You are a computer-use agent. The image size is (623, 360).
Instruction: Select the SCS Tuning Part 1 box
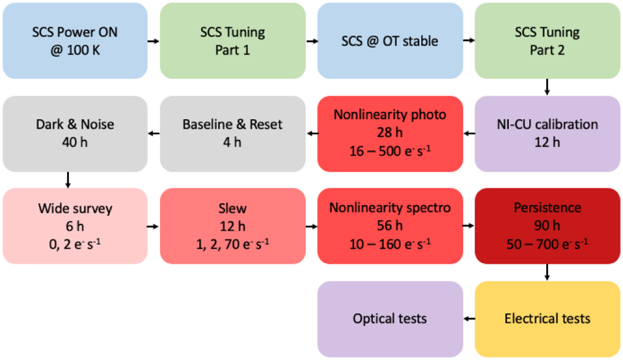click(x=233, y=41)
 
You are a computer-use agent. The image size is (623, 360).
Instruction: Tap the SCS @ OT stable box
click(x=390, y=41)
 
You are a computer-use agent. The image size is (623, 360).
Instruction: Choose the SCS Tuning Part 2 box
click(x=547, y=41)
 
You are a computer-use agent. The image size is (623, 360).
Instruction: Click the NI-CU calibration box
click(x=547, y=134)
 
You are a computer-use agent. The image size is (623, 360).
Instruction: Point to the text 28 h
click(x=390, y=134)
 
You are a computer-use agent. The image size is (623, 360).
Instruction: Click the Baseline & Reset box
click(x=233, y=134)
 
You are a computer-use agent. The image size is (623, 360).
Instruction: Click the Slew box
click(x=233, y=226)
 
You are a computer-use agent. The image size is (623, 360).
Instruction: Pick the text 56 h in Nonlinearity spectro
click(x=390, y=226)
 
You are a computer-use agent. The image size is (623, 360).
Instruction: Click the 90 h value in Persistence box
click(x=547, y=226)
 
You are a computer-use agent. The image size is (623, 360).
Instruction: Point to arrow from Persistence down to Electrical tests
click(x=547, y=273)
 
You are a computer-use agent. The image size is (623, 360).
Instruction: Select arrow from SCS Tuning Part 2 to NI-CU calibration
click(x=547, y=87)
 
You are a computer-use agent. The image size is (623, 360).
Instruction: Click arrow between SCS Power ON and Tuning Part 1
click(x=154, y=41)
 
